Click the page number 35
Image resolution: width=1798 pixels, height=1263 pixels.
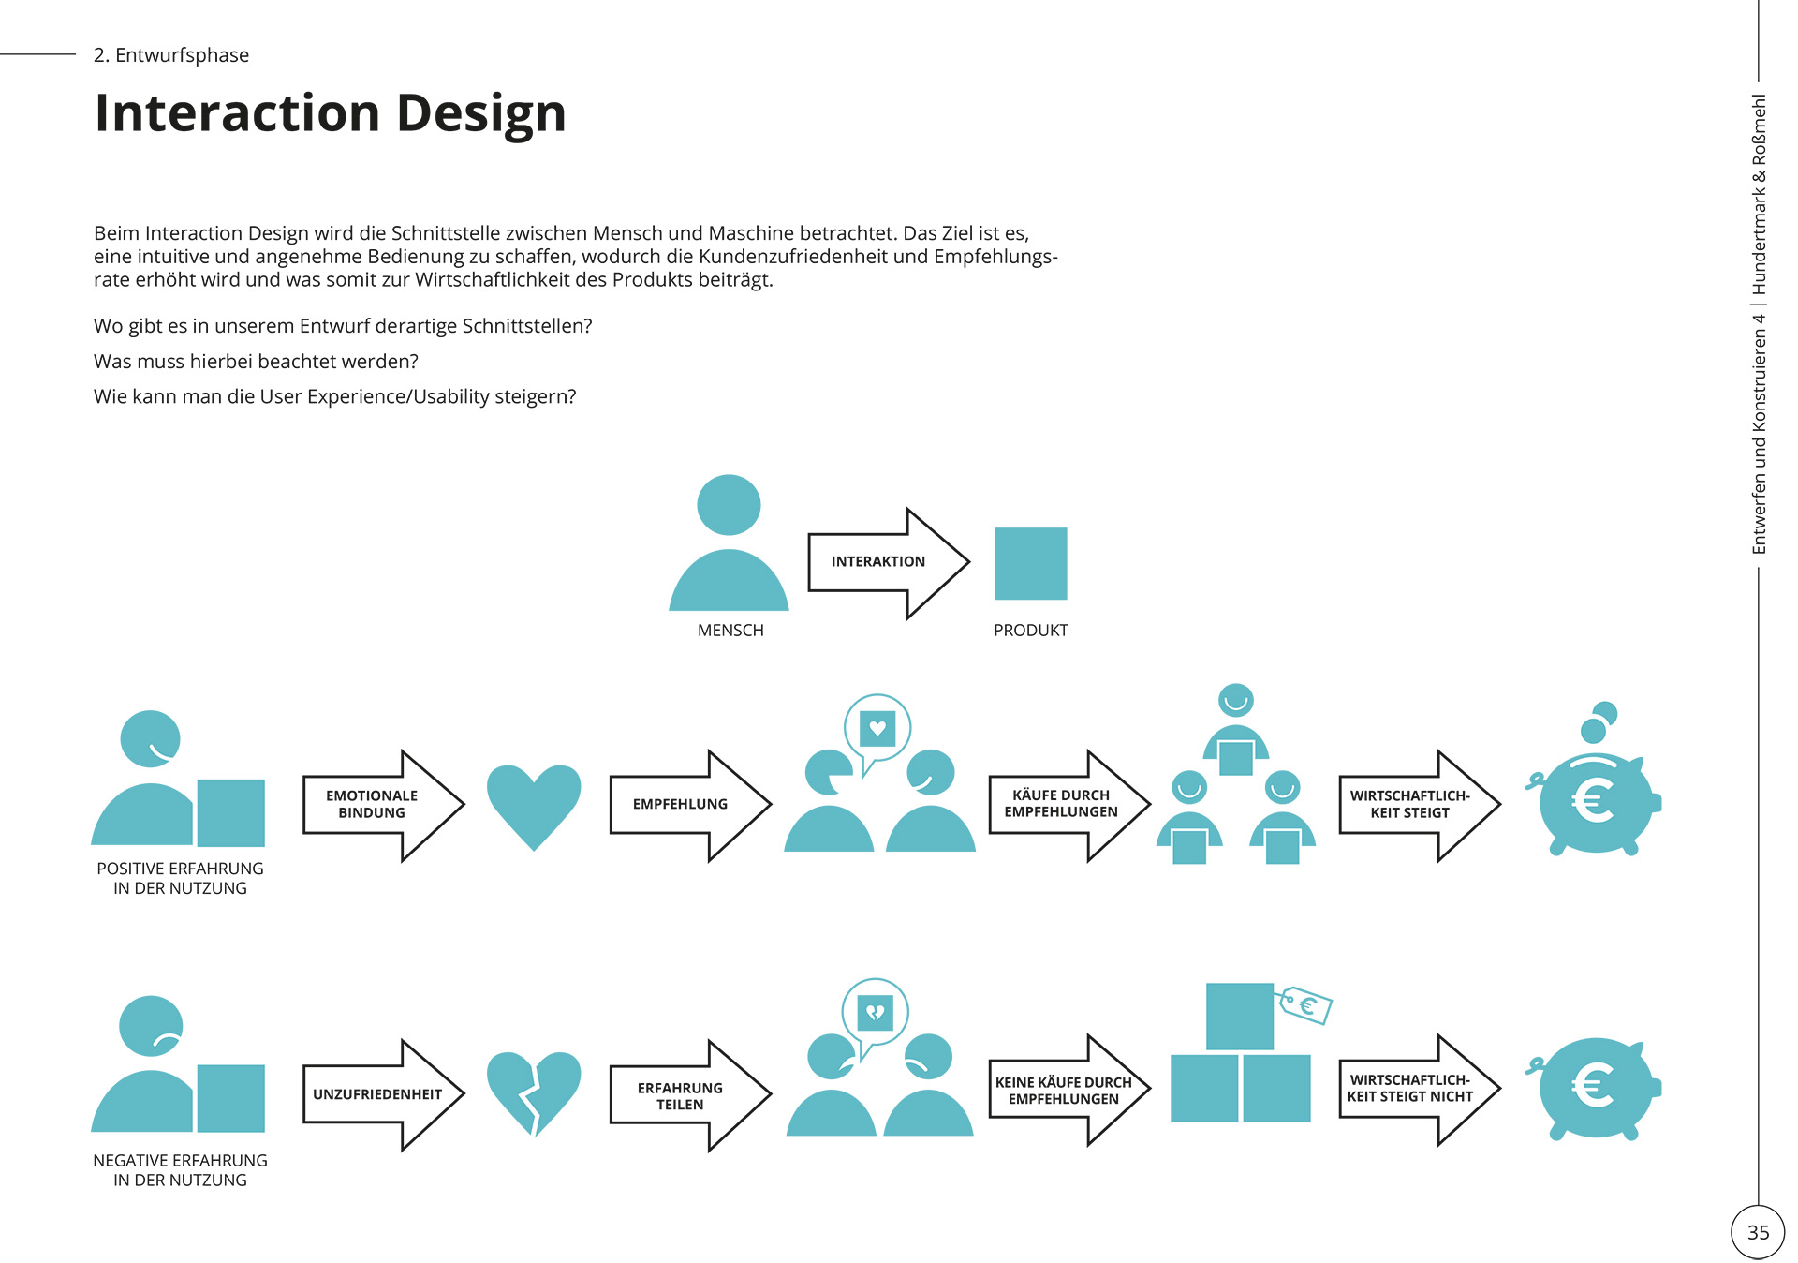pos(1758,1232)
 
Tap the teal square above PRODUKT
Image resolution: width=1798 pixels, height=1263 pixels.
pos(1030,563)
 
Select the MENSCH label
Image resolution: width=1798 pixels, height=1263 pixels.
pos(730,631)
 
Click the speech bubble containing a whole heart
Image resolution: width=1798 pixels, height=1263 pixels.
pos(877,728)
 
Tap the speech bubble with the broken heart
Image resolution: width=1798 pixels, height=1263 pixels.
pos(876,1012)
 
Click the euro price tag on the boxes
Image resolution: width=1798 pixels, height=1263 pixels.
pos(1307,1006)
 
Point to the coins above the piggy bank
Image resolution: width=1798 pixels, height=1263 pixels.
pos(1599,721)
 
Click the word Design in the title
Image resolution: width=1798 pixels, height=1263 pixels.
pos(481,112)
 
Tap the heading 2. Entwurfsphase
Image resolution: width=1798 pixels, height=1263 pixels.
pos(171,55)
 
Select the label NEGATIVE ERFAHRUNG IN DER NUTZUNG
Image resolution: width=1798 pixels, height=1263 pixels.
pos(180,1170)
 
